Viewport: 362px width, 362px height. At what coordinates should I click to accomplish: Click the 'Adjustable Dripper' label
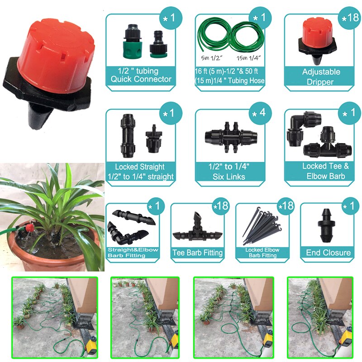[x=321, y=77]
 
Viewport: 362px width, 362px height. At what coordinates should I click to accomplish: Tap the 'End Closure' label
[x=328, y=252]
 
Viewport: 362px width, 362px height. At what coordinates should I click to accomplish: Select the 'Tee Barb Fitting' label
[x=198, y=253]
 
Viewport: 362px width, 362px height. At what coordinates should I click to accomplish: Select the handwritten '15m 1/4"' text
[x=249, y=58]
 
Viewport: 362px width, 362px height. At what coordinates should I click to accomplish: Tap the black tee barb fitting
[x=197, y=229]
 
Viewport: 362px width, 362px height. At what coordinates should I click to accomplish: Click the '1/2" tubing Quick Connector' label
[x=141, y=76]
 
